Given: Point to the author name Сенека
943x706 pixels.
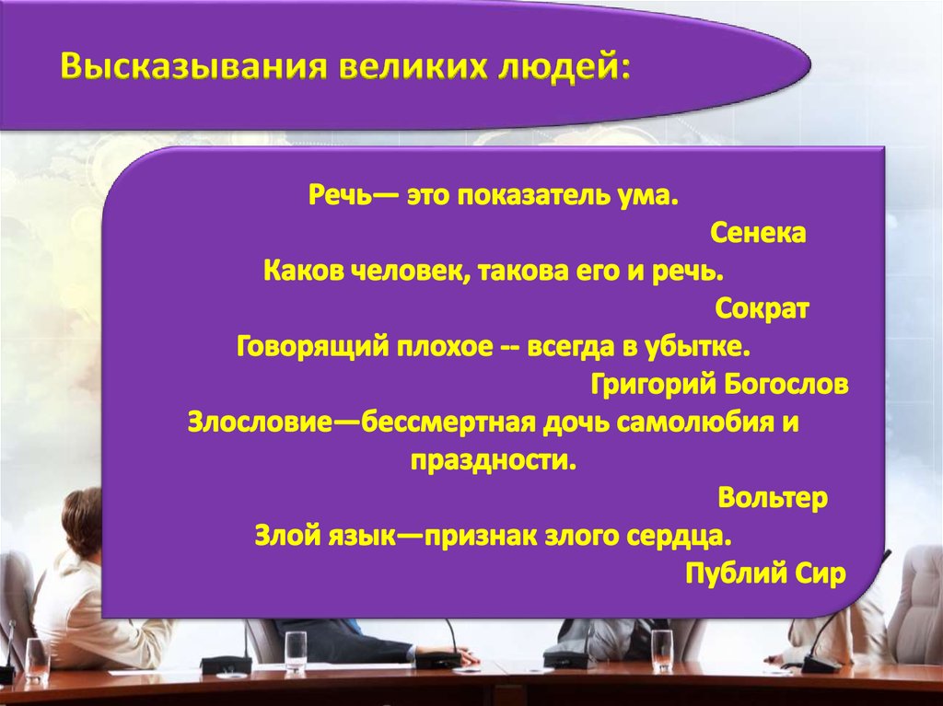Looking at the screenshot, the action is tap(758, 233).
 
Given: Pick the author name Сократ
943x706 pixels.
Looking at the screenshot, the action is tap(762, 309).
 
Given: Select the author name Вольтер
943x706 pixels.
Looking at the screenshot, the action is tap(773, 498).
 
